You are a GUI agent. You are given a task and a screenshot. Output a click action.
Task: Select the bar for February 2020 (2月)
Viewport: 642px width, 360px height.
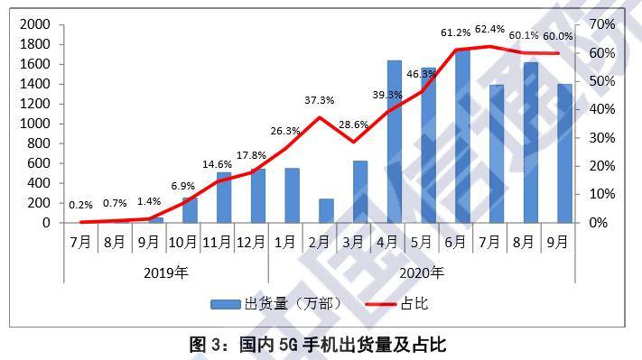326,211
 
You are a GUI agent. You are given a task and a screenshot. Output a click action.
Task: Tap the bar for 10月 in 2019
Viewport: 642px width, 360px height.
190,210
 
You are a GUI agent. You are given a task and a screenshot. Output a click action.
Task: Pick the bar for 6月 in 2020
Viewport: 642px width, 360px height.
462,135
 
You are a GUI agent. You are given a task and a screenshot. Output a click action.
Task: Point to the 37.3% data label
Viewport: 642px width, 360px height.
319,100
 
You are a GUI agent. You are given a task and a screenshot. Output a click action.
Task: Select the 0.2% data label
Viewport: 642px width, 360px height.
80,204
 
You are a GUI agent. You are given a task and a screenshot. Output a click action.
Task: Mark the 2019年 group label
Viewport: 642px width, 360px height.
166,272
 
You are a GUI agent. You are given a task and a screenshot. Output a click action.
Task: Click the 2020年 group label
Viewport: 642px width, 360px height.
421,272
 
